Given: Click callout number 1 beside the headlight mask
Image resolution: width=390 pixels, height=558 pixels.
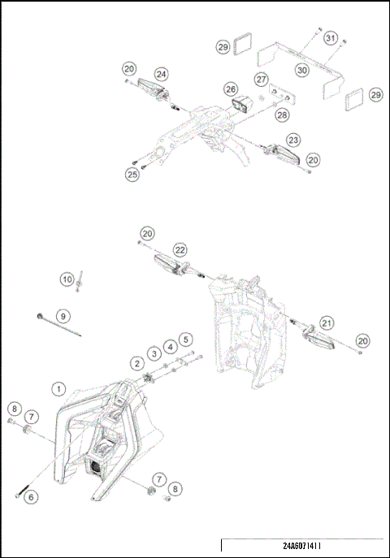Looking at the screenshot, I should click(58, 389).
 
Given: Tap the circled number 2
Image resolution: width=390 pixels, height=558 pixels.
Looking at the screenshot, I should click(138, 362).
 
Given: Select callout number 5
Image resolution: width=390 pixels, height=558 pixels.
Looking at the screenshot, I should click(186, 339).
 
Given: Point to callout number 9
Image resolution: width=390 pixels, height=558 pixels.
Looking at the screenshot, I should click(62, 315).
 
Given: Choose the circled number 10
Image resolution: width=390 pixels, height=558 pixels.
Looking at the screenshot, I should click(67, 279).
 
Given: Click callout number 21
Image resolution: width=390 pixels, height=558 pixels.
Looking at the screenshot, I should click(327, 322).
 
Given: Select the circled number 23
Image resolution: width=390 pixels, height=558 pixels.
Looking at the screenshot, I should click(292, 140).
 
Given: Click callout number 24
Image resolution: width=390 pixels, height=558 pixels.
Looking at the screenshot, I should click(162, 74).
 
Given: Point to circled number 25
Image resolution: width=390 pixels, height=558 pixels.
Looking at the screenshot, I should click(132, 174).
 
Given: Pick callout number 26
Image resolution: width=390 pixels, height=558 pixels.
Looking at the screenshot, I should click(232, 89).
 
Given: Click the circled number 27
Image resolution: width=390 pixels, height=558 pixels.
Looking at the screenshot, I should click(261, 79).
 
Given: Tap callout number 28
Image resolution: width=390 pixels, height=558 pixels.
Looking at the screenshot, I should click(282, 115).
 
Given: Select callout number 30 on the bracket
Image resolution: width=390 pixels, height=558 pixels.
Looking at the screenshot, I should click(301, 71).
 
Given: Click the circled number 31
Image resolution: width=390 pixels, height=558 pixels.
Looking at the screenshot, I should click(330, 38).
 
